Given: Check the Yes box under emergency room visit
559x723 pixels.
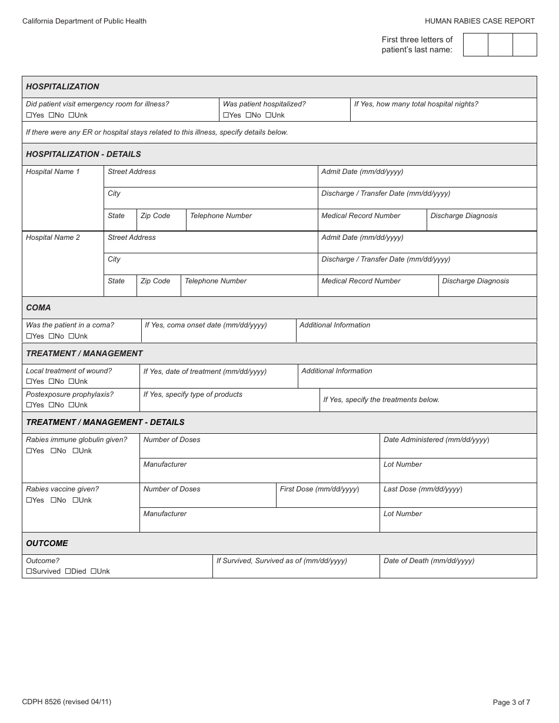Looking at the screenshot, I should click(29, 115).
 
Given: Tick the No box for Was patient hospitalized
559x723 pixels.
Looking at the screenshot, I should click(249, 115).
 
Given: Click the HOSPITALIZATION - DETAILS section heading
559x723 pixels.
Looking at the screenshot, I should click(84, 154).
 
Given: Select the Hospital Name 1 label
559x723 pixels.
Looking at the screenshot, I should click(52, 172).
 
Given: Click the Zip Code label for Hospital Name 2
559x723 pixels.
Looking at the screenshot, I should click(155, 281).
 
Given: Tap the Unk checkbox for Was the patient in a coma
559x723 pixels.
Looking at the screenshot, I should click(71, 336).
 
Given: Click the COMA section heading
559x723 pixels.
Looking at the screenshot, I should click(38, 307).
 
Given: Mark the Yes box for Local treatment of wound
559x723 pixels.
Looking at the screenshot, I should click(29, 381).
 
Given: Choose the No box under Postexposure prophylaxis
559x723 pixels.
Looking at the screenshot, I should click(51, 405).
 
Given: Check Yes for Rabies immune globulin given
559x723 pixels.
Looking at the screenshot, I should click(29, 451).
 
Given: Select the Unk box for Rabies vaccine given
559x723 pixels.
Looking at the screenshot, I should click(75, 500).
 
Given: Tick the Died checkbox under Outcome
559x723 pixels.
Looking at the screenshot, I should click(68, 571).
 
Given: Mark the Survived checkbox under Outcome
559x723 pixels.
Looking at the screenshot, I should click(29, 571).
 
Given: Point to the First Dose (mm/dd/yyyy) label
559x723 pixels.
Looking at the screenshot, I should click(319, 489).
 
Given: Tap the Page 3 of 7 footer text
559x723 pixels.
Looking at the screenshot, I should click(511, 702).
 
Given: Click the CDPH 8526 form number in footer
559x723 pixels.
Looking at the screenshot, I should click(66, 701).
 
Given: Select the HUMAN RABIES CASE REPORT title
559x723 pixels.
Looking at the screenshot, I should click(480, 21).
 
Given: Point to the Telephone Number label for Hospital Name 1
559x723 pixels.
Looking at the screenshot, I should click(221, 216).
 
